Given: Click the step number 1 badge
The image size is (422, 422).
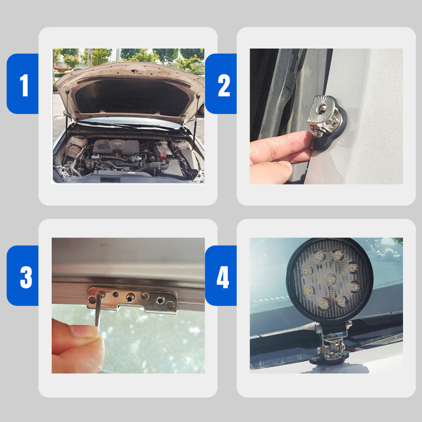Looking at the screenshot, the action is pos(23,84).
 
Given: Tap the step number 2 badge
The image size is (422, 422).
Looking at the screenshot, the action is pos(221,84).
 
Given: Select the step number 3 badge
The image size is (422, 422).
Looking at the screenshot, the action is pos(23,275).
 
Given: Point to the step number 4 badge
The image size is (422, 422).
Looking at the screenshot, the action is pos(221,275).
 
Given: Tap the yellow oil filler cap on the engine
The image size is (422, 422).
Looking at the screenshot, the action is pos(117,155).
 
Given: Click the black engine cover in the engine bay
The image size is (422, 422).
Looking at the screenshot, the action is pos(116,147).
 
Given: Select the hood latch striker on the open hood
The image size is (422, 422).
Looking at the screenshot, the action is pos(135,72).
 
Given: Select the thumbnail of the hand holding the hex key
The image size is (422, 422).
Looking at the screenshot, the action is pos(84,331).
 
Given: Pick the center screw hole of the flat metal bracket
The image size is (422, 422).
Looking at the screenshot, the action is pos(130,298).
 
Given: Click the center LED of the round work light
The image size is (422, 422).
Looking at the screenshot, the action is pos(331,279).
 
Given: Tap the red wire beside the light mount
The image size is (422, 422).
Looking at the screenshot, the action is pos(350,349).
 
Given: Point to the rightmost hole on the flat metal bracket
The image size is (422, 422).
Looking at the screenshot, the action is pos(170,305).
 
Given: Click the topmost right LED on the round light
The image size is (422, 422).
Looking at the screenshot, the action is pos(339,255).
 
